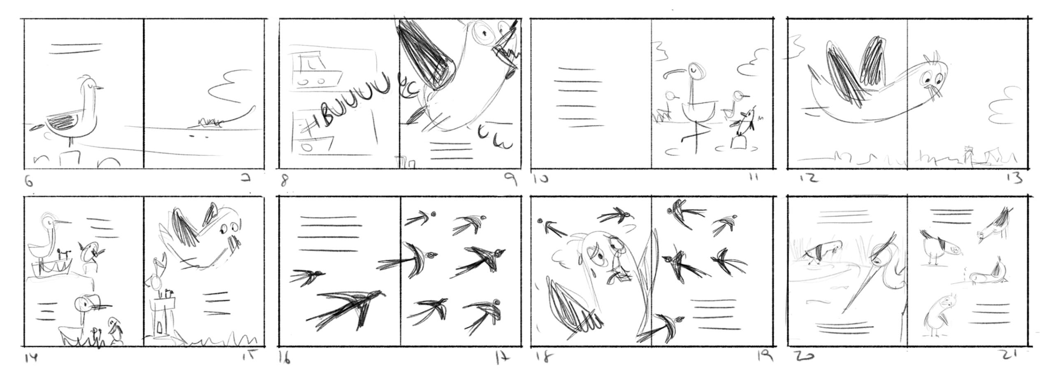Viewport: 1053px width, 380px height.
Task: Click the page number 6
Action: click(28, 181)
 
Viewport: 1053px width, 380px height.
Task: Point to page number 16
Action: click(285, 358)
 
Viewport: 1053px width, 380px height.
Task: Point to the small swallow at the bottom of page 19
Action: click(668, 325)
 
